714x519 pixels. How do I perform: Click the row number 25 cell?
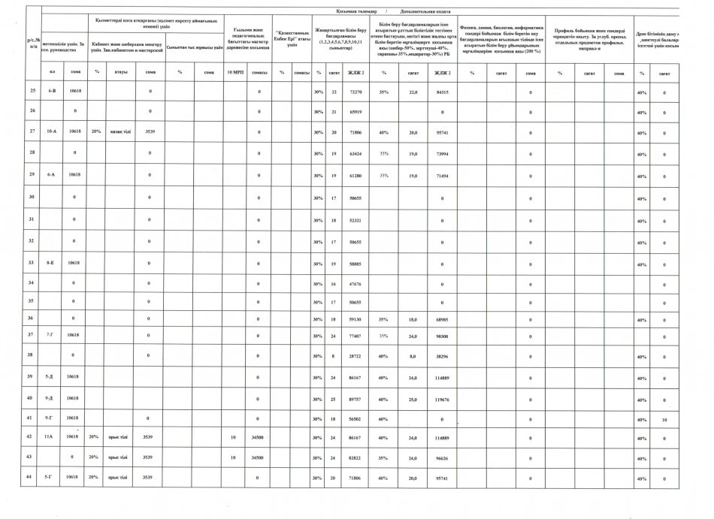coord(32,92)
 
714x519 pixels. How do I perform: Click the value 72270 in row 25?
coord(357,92)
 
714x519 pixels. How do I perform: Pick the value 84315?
coord(442,92)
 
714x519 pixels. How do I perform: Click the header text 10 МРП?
coord(234,72)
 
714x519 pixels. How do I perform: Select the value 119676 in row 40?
coord(442,399)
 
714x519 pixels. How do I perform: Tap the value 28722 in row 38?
coord(357,356)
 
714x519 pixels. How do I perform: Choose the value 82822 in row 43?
coord(357,457)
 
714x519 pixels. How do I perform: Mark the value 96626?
coord(442,457)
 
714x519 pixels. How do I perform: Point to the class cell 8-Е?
coord(52,264)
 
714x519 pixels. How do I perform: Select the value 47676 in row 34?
coord(357,283)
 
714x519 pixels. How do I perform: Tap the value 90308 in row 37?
coord(442,335)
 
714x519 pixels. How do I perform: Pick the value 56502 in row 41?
coord(357,419)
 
